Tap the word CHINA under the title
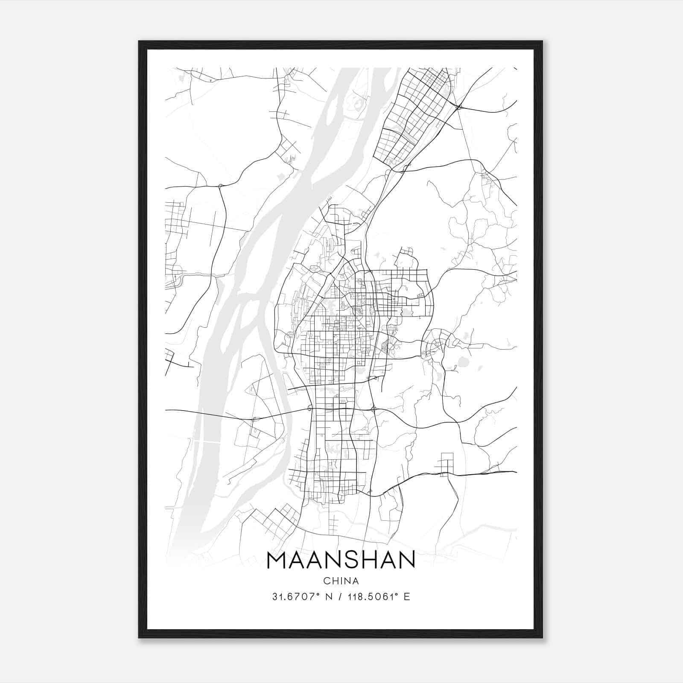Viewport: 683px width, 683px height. click(341, 581)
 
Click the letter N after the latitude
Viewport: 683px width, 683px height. click(328, 597)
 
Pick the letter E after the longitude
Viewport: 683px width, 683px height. click(407, 597)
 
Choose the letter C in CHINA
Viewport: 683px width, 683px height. click(327, 581)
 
